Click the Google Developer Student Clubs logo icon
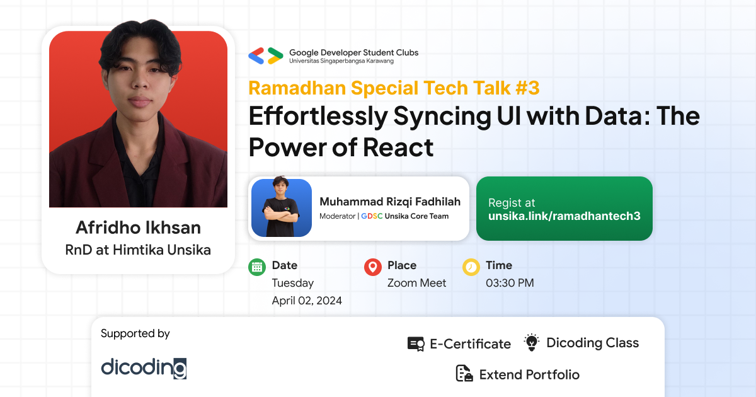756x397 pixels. click(265, 56)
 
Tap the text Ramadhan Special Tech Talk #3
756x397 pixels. click(394, 88)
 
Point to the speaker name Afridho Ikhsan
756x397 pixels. click(138, 227)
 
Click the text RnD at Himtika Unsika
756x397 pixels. click(138, 250)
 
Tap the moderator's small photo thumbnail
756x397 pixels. click(282, 208)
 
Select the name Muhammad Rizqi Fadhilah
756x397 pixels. click(390, 202)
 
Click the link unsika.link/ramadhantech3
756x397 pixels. click(564, 216)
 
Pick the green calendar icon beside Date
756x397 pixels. click(257, 267)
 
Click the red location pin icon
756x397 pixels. click(373, 267)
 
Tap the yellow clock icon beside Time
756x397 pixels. click(471, 267)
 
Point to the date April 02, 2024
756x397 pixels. click(307, 301)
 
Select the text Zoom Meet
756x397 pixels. click(416, 283)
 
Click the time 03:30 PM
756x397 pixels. click(510, 283)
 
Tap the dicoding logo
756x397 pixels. click(144, 367)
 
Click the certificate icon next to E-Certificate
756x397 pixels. click(416, 344)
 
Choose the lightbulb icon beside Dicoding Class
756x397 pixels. click(532, 343)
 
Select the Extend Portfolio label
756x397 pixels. click(529, 374)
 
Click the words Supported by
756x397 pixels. click(135, 333)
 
